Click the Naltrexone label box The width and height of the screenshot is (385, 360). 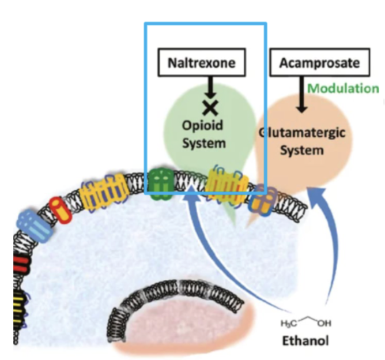click(x=201, y=63)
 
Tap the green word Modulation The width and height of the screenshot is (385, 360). click(x=344, y=89)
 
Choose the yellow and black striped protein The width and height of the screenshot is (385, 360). click(x=20, y=301)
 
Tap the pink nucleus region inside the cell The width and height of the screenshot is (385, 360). click(x=184, y=329)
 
